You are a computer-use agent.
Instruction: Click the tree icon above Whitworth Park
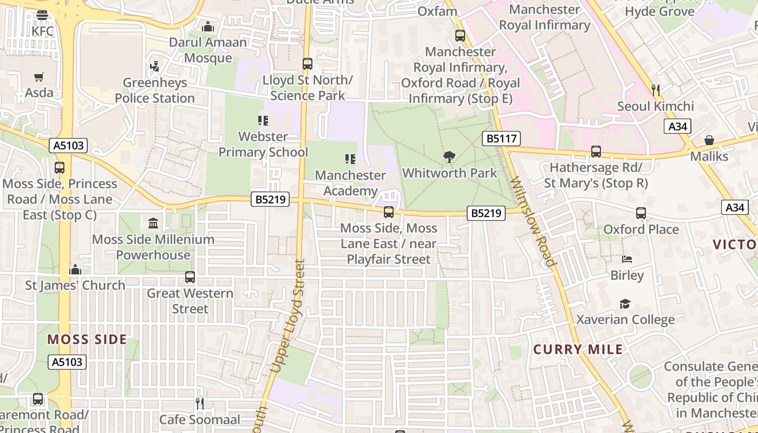coord(449,158)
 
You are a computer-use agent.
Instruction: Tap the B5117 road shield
coord(501,139)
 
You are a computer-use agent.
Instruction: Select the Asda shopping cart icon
coord(38,77)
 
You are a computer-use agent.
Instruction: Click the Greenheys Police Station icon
coord(155,67)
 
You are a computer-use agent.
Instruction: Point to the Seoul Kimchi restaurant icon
coord(655,90)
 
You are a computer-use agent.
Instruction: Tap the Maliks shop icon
coord(709,140)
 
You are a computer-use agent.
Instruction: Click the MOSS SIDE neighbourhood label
coord(87,340)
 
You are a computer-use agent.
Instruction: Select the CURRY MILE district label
coord(578,350)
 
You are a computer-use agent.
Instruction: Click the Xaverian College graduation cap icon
coord(625,304)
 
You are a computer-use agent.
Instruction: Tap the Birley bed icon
coord(627,259)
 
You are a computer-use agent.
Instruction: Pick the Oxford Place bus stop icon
coord(641,213)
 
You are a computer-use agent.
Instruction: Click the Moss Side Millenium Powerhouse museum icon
coord(153,223)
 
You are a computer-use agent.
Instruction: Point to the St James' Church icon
coord(75,269)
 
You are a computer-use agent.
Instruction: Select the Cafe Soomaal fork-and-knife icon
coord(200,403)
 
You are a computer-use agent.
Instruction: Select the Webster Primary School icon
coord(263,120)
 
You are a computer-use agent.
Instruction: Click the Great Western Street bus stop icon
coord(190,277)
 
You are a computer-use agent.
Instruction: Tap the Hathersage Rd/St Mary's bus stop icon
coord(596,152)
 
